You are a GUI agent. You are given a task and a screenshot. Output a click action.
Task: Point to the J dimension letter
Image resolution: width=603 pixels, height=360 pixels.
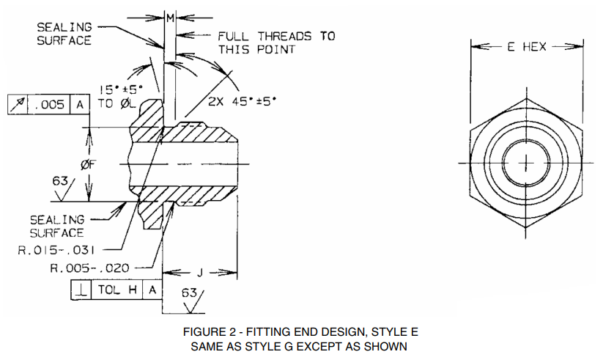pos(201,273)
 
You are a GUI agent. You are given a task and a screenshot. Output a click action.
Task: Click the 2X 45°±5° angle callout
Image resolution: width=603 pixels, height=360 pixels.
pos(243,102)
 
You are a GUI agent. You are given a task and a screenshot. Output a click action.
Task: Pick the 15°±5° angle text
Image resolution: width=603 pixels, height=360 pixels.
pos(122,89)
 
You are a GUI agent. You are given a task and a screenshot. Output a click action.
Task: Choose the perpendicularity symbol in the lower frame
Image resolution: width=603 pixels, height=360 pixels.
pos(79,290)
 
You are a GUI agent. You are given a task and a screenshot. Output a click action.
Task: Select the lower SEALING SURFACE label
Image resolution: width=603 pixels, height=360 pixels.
pos(56,226)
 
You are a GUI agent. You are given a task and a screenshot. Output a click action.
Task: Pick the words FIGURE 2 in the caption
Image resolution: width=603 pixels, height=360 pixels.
pos(208,331)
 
